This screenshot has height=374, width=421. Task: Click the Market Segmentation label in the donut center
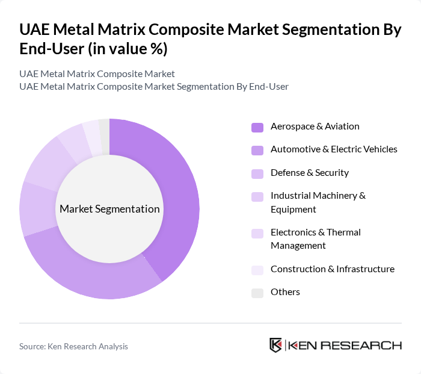click(109, 209)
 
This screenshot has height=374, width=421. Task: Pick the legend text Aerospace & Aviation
click(315, 126)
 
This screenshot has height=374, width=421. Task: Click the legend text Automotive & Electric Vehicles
click(334, 149)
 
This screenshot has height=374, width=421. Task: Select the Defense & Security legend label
click(309, 173)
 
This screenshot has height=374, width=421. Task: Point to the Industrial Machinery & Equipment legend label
click(318, 202)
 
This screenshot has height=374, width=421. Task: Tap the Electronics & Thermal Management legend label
click(315, 238)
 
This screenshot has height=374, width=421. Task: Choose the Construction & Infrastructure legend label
click(332, 269)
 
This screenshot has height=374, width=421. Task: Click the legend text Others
click(285, 292)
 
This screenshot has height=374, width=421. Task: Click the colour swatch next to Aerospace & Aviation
click(257, 127)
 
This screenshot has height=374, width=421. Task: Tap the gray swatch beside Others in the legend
click(257, 293)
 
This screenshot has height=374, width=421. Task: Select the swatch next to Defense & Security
click(257, 173)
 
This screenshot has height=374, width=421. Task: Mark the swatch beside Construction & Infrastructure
click(257, 270)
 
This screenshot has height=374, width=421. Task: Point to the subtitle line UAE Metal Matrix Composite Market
click(97, 74)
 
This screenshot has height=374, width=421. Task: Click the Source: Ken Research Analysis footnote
click(73, 346)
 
